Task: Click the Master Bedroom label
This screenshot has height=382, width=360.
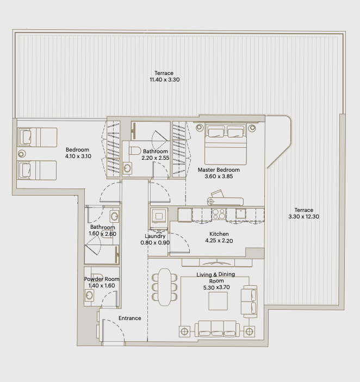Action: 219,170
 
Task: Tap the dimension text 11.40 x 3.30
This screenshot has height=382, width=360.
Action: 165,80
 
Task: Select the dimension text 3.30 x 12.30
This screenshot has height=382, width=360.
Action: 303,217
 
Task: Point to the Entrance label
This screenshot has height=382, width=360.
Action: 129,318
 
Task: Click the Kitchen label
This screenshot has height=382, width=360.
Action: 219,234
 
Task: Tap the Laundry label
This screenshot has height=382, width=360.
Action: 155,236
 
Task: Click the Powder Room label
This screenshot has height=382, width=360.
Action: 102,279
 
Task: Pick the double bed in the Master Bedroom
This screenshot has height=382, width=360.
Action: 226,144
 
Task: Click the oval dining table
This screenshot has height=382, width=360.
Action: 165,287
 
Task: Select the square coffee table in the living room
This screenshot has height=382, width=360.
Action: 218,301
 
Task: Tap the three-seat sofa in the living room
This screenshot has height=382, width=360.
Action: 217,329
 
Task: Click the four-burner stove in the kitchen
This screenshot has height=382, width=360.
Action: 219,214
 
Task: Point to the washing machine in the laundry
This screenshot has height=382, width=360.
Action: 159,216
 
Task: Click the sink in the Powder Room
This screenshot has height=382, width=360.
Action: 89,295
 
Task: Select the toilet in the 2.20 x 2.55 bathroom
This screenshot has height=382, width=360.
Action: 135,151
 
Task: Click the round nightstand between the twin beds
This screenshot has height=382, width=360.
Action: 22,154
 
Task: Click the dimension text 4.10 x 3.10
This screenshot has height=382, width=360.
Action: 78,156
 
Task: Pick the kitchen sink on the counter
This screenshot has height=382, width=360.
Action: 240,214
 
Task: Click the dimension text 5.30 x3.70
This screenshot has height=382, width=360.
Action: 216,287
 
